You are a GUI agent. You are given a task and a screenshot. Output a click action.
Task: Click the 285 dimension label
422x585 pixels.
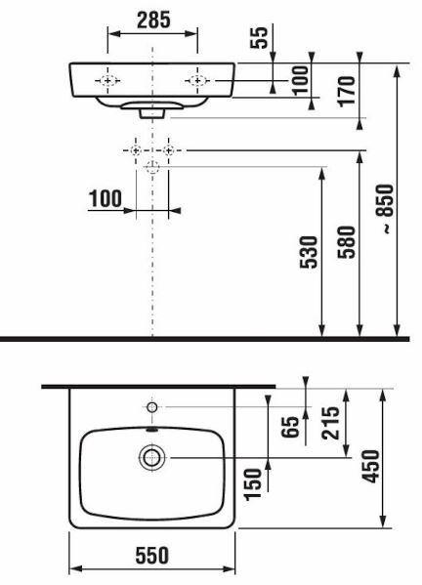[x=153, y=20]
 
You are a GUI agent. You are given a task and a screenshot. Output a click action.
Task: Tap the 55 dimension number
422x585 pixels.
[x=259, y=37]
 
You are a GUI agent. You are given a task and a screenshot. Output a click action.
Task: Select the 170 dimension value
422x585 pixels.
[x=347, y=92]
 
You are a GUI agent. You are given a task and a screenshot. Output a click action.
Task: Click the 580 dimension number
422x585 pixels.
[x=346, y=242]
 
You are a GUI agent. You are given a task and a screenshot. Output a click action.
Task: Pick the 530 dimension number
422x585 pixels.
[x=309, y=252]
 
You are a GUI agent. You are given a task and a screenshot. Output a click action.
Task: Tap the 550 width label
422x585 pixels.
[x=151, y=555]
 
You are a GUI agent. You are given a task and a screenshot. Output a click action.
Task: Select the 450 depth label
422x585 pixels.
[x=371, y=467]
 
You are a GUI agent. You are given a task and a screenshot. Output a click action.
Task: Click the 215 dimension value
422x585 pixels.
[x=330, y=423]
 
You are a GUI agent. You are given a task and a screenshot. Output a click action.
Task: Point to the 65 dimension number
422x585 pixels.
[x=291, y=427]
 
